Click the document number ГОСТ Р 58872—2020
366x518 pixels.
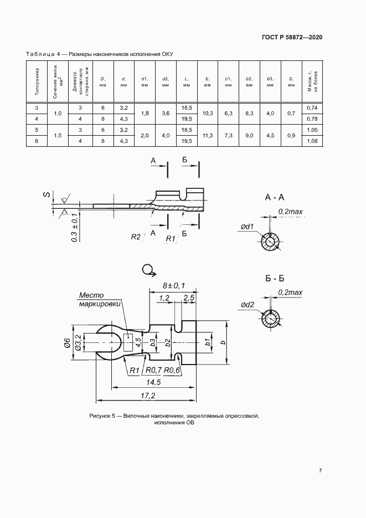click(292, 37)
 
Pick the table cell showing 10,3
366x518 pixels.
click(208, 113)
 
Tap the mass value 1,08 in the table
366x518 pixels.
click(312, 141)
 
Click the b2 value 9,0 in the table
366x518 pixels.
click(249, 135)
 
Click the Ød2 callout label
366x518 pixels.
click(248, 305)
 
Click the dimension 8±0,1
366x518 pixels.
click(173, 285)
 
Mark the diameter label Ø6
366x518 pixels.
click(66, 344)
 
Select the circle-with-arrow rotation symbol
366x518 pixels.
click(149, 270)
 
